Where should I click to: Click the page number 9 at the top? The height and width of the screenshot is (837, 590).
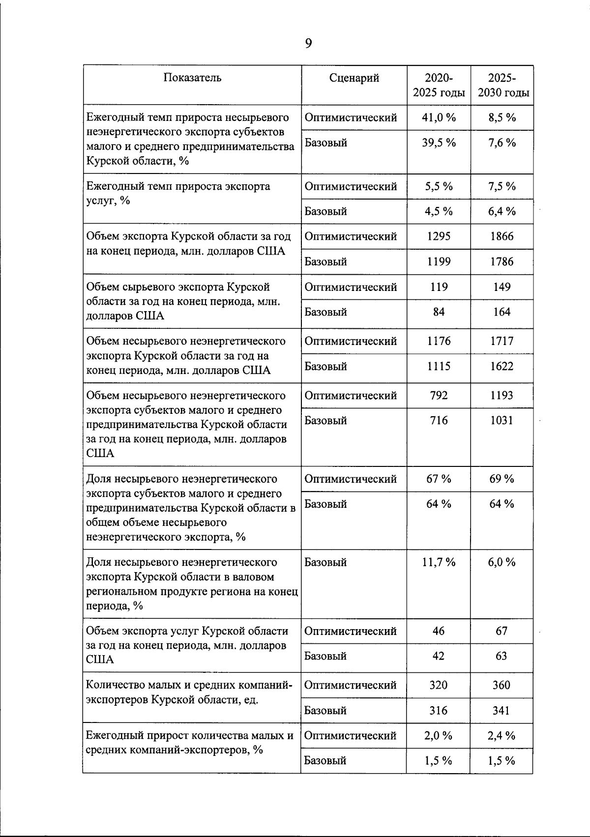[308, 44]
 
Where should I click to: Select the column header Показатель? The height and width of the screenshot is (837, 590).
[192, 78]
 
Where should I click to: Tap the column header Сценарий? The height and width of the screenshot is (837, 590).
[354, 78]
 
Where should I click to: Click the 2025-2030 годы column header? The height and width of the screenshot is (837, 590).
[501, 85]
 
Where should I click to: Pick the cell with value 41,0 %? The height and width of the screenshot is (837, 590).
[439, 117]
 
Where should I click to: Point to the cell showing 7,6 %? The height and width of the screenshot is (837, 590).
[501, 143]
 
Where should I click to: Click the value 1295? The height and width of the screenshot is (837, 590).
[439, 236]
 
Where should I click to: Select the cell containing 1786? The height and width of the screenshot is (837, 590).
[501, 261]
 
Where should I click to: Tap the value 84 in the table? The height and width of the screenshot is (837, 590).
[439, 312]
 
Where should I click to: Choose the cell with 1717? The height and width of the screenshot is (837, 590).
[501, 341]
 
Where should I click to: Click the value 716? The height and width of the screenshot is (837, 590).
[439, 420]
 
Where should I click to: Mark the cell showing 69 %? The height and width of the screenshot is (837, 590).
[501, 479]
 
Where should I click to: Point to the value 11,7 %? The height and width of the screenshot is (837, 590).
[439, 562]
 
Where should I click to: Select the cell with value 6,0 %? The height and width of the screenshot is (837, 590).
[501, 562]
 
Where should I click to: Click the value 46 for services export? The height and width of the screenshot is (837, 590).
[439, 631]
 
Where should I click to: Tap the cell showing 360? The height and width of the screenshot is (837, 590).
[501, 685]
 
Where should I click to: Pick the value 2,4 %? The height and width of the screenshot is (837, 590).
[501, 736]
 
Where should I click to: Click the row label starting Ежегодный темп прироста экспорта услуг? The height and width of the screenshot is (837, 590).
[178, 193]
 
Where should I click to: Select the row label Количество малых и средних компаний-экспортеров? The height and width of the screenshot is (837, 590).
[189, 692]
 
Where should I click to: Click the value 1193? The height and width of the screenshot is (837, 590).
[501, 395]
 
